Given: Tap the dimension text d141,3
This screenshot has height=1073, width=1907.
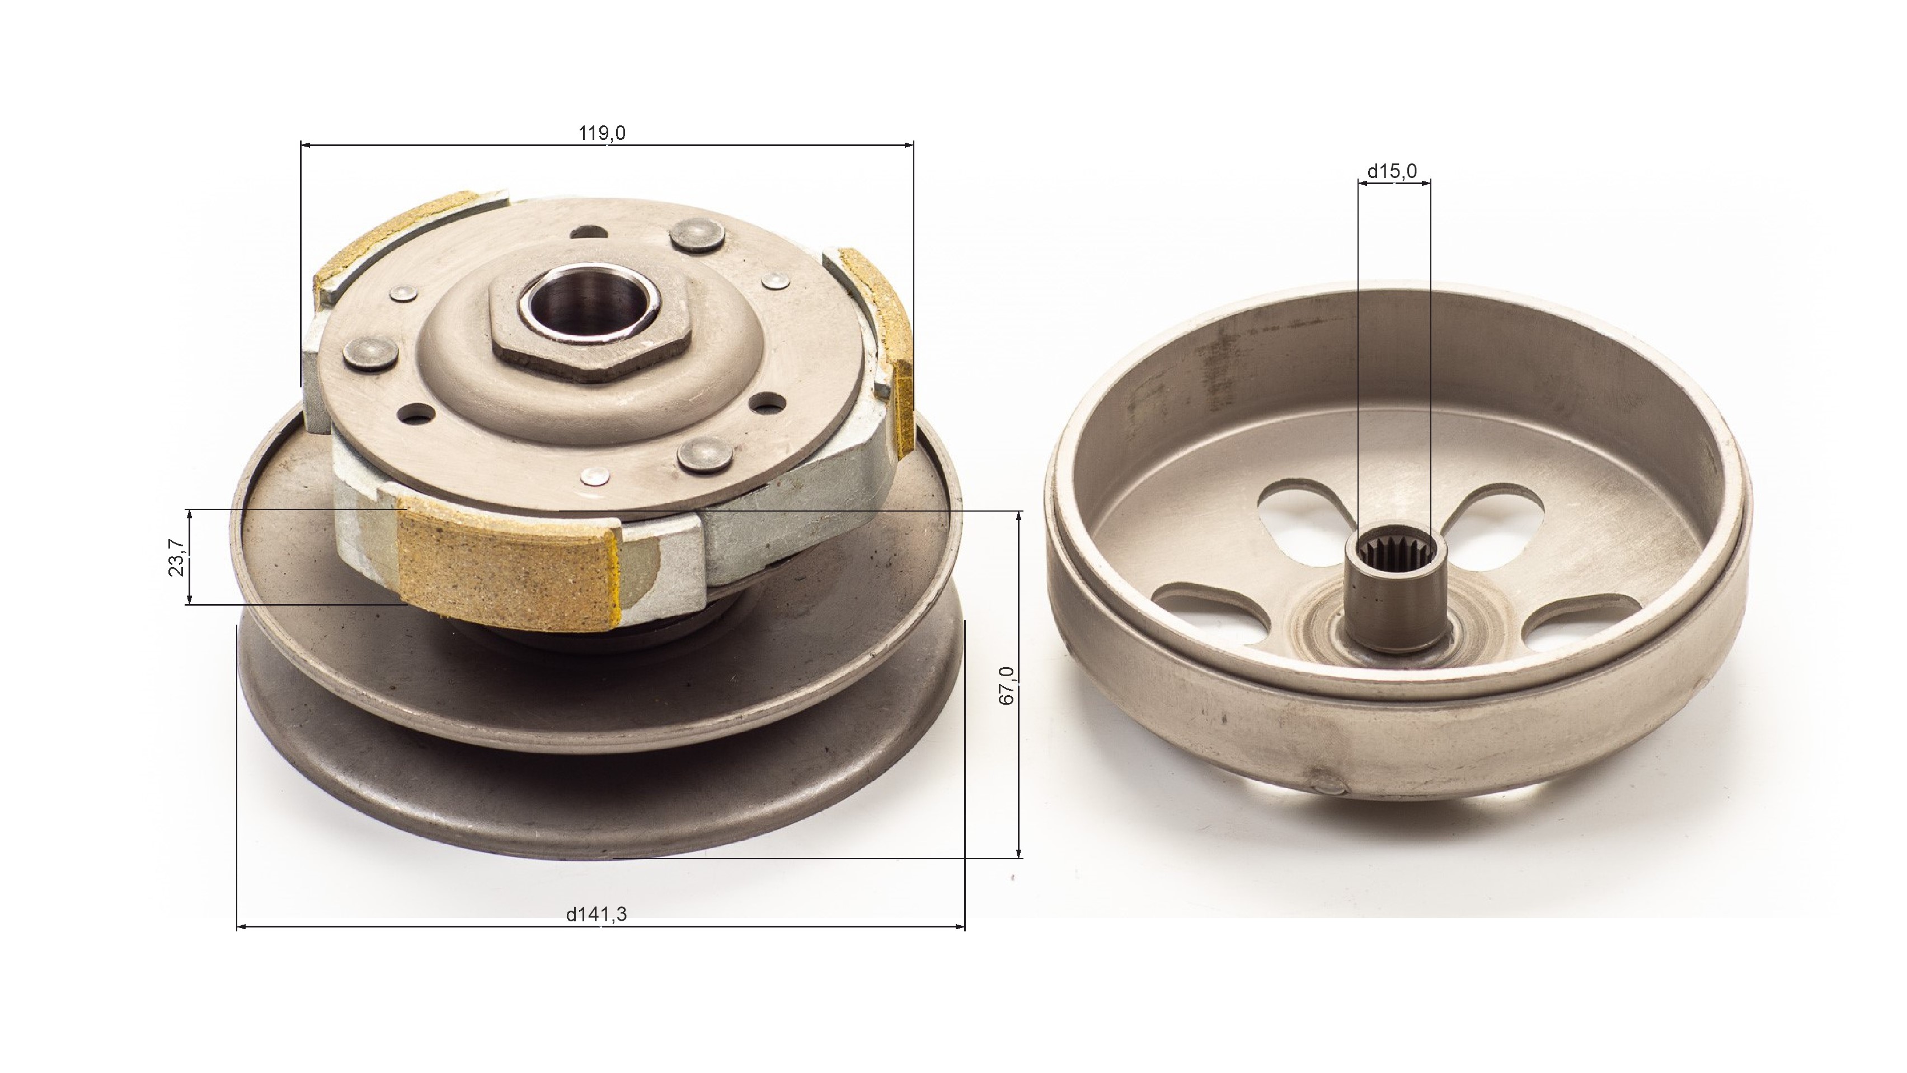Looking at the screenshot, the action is tap(596, 915).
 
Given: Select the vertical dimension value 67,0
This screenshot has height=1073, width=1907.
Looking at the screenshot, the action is tap(1007, 685).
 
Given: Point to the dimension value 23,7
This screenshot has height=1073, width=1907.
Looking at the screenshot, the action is tap(176, 557).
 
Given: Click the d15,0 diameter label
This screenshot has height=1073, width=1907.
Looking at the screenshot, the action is tap(1392, 172).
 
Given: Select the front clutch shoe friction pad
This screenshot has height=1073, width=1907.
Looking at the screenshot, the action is tap(507, 566).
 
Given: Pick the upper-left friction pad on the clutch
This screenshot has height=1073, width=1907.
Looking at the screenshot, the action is tap(392, 237).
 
